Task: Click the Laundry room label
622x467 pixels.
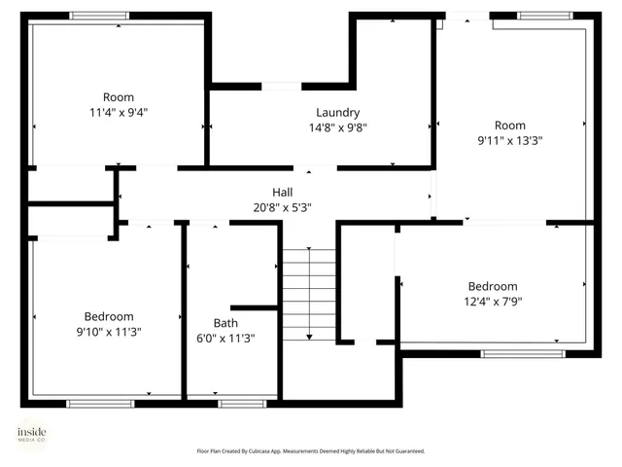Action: (x=337, y=112)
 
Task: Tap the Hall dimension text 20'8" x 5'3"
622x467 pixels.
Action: (x=282, y=207)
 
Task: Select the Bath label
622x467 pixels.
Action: (x=225, y=323)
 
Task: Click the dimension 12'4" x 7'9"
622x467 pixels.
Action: (x=492, y=302)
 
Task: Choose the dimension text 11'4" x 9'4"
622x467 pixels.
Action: (x=119, y=112)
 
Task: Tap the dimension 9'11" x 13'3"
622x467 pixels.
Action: (x=509, y=140)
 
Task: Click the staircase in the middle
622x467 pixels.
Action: (x=309, y=292)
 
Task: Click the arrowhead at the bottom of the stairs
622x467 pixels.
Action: (x=309, y=337)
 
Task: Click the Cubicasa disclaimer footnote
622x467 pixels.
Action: (x=311, y=451)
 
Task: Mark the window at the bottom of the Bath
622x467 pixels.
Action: (x=242, y=403)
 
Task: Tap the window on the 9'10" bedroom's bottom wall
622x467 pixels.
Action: (x=94, y=403)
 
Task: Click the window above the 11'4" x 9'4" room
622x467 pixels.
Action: (x=99, y=16)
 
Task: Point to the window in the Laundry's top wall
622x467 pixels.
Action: (x=281, y=87)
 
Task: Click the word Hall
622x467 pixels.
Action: (x=282, y=193)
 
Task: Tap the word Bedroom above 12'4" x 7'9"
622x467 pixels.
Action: (x=493, y=286)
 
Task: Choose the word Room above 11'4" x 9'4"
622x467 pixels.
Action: (x=119, y=96)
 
